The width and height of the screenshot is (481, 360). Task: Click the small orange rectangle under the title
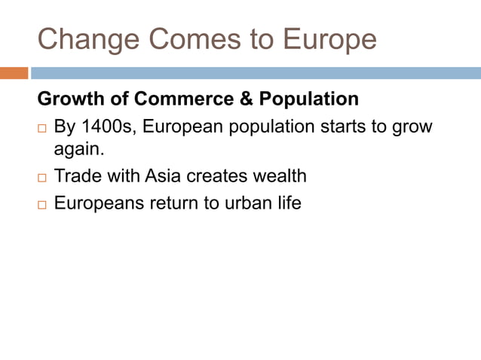point(14,73)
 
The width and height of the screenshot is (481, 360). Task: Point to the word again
point(78,151)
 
